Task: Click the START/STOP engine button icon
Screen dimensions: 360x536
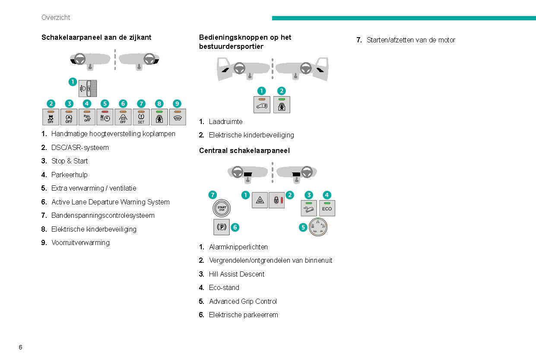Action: (222, 208)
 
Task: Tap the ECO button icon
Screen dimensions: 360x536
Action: (327, 208)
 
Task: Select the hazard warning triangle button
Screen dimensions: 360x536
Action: (260, 200)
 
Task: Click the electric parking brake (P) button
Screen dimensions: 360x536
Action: (222, 227)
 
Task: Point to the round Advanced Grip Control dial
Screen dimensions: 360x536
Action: (318, 227)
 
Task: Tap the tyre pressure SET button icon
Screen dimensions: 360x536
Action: (141, 117)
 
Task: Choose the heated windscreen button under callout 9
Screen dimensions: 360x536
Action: (178, 117)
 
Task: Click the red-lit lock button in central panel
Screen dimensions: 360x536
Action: (276, 200)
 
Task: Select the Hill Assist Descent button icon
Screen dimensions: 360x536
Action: (308, 208)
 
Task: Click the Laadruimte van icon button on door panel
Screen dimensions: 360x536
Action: (262, 105)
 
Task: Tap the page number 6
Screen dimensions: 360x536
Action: (20, 347)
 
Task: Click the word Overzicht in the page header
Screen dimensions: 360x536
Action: (56, 18)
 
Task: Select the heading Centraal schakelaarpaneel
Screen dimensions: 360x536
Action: (244, 150)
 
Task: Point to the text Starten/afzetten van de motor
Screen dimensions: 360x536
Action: (411, 40)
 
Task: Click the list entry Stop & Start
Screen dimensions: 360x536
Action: (69, 161)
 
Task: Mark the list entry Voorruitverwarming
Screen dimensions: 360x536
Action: (80, 242)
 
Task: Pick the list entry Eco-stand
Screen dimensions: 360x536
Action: (224, 287)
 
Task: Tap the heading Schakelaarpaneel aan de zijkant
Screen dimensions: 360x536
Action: (96, 38)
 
